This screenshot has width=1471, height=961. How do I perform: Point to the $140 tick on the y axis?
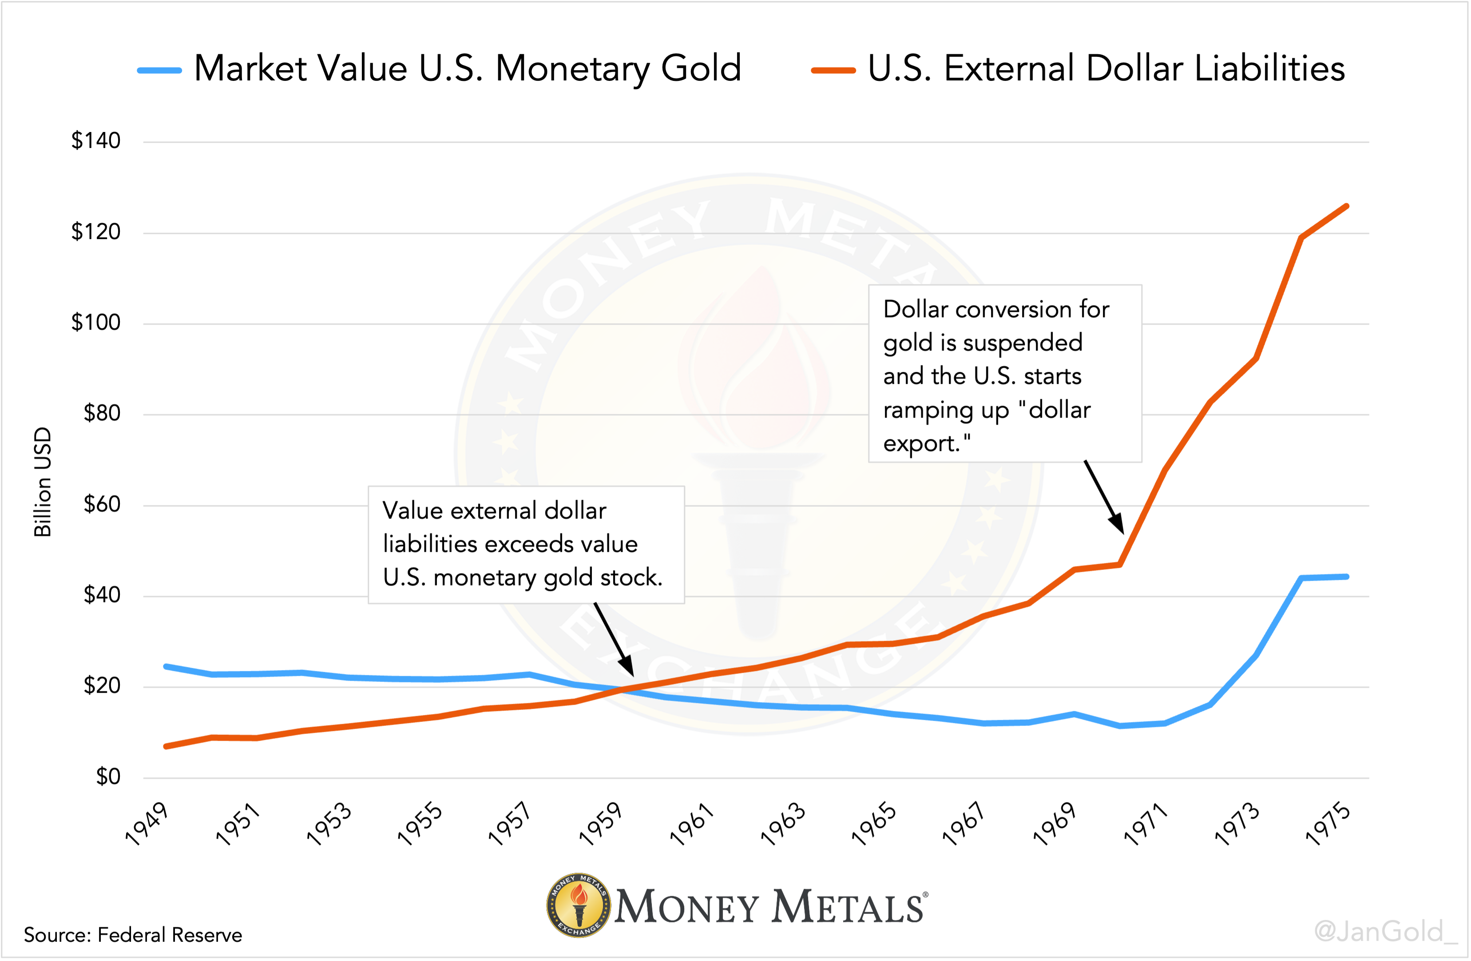96,141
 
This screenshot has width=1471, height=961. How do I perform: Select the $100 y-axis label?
96,322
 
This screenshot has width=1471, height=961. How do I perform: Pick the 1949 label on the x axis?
147,824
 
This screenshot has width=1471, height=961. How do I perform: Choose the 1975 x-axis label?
1327,824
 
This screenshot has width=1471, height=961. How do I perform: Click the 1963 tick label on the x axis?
782,824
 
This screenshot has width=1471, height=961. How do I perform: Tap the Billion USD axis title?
43,482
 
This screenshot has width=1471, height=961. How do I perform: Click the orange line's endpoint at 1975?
1347,206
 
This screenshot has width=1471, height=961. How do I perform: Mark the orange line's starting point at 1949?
166,746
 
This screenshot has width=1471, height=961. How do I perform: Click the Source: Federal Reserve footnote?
133,934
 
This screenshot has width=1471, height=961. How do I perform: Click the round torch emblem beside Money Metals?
579,905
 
